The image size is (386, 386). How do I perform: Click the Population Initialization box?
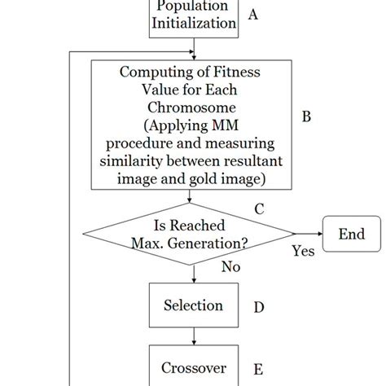[194, 16]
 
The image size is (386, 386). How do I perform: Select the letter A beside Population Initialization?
[252, 15]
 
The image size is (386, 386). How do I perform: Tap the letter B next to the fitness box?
[306, 116]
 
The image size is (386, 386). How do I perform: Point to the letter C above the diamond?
[258, 208]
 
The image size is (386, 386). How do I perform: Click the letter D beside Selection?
[258, 307]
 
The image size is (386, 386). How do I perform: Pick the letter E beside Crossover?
[258, 368]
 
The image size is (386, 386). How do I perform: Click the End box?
[351, 235]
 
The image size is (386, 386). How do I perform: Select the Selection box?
[193, 306]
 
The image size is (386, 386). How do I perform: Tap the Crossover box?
[193, 367]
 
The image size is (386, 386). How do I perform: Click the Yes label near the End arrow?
[303, 252]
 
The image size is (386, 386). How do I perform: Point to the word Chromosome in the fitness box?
[193, 107]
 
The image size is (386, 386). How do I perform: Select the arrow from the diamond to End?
[305, 235]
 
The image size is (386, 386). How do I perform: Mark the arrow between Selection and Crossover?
[193, 336]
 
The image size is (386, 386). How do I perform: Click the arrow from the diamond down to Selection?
[193, 273]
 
